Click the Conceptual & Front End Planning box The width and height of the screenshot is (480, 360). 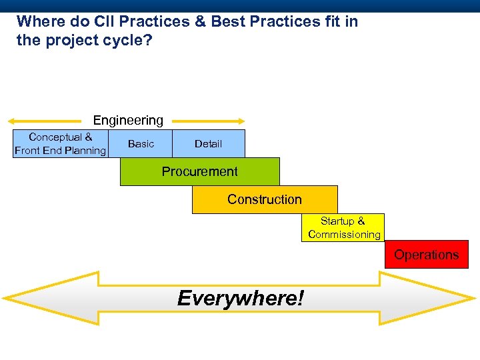[60, 143]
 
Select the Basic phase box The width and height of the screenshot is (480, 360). [141, 143]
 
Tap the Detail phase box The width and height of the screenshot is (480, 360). [209, 143]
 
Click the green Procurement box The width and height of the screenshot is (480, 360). [199, 171]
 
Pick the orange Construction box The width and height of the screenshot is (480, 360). [265, 199]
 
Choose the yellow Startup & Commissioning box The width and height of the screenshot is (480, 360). [343, 227]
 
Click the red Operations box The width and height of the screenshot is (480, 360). [426, 255]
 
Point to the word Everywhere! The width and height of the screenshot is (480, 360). [240, 298]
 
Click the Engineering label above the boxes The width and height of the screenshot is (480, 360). [128, 120]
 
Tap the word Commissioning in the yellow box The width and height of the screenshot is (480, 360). [344, 235]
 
